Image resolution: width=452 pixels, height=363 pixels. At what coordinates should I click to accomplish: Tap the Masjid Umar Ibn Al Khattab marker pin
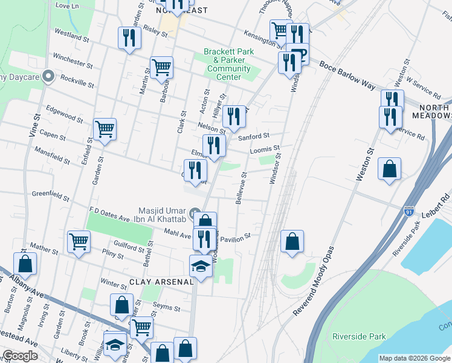click(195, 213)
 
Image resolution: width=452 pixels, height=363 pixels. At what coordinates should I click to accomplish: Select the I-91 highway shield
click(409, 210)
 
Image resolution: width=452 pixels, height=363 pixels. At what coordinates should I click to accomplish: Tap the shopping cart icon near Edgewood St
click(105, 129)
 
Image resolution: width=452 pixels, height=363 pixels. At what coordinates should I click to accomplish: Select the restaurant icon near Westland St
click(129, 38)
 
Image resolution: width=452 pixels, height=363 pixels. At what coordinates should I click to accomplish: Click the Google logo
click(21, 356)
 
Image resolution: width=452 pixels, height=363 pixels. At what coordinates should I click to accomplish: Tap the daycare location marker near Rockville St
click(49, 77)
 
